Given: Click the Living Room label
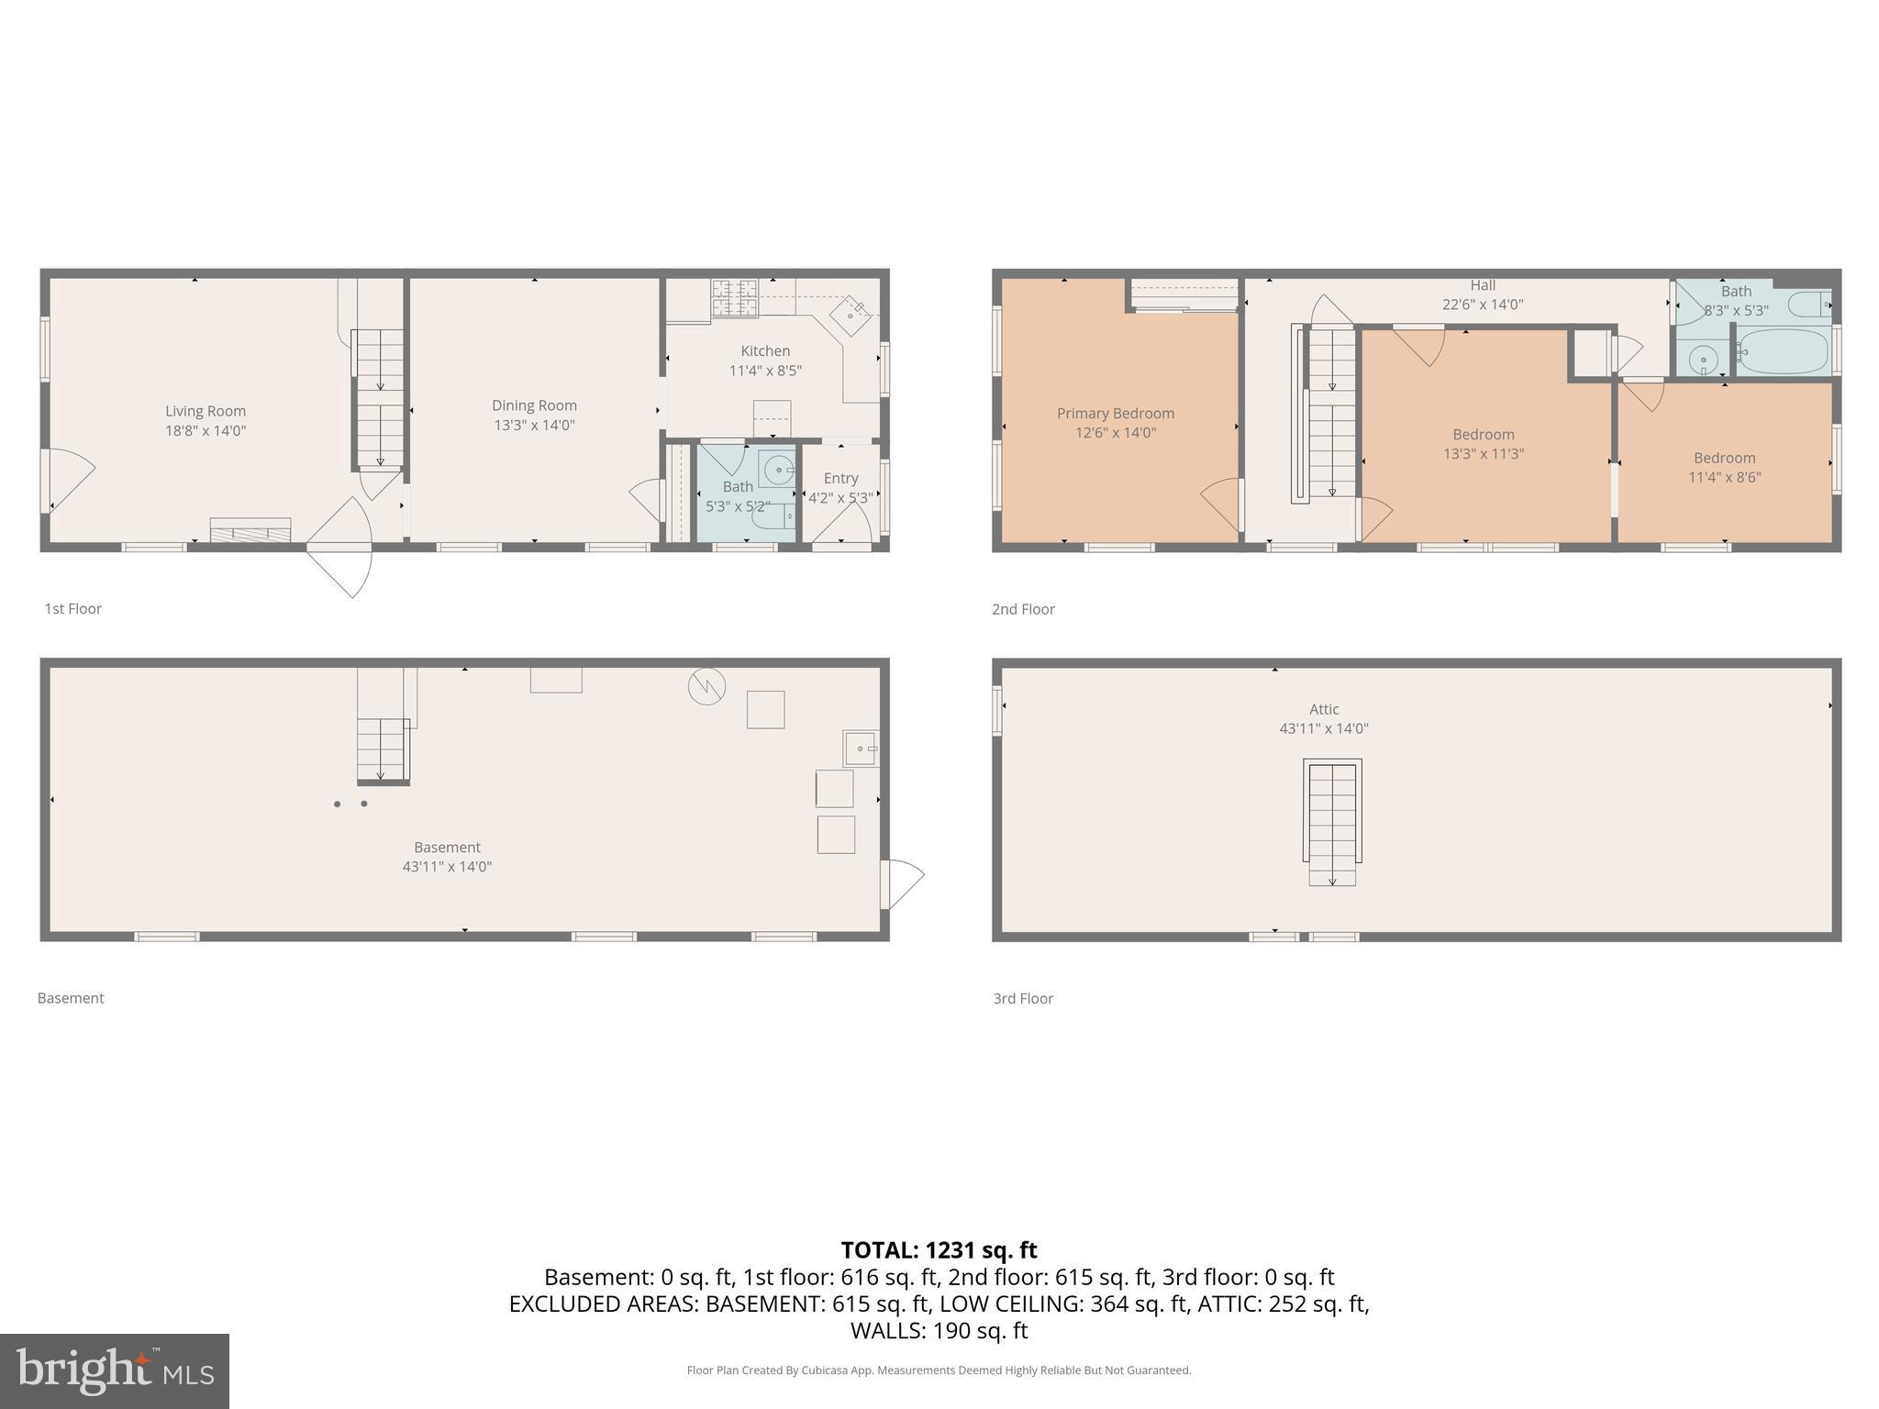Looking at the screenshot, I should point(206,411).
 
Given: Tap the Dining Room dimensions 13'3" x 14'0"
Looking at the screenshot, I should point(534,426).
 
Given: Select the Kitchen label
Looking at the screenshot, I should point(765,350).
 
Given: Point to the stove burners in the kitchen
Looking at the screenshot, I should point(735,298).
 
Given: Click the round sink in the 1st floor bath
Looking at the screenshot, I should point(778,471).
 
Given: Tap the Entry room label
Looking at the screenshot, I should point(840,478).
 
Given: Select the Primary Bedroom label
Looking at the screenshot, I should point(1115,414).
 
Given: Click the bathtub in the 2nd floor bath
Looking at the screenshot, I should point(1782,352).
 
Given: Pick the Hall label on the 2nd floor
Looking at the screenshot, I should point(1483,285).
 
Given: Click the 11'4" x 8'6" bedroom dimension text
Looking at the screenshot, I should point(1724,477).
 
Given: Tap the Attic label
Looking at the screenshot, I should point(1323,709).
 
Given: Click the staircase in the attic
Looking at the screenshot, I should point(1332,822).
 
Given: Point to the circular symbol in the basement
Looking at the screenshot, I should point(706,686).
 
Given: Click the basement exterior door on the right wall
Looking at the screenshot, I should point(900,882).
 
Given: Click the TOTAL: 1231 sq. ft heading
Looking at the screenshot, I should point(939,1250).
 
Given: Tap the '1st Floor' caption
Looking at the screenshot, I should point(73,609).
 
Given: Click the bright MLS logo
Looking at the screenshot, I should point(115,1370).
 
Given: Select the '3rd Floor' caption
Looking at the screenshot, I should point(1022,998).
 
